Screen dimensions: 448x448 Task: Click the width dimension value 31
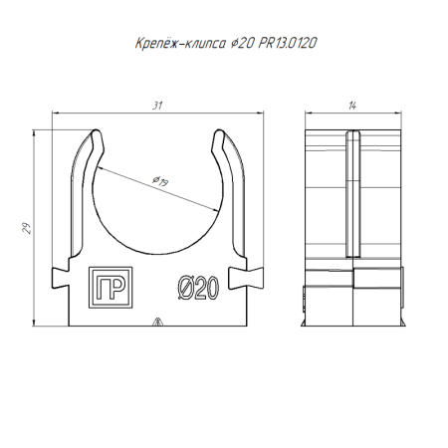click(x=157, y=106)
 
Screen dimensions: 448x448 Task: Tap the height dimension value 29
click(x=27, y=228)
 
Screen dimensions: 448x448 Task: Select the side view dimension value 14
click(x=352, y=106)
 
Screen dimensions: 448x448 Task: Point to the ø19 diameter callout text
click(x=160, y=181)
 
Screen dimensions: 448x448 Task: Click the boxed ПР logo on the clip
click(x=111, y=288)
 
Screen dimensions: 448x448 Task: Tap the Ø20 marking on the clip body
click(x=198, y=288)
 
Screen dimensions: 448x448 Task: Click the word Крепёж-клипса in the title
click(x=180, y=43)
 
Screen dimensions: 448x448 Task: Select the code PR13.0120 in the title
click(x=288, y=43)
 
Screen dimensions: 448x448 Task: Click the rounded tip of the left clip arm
click(x=97, y=132)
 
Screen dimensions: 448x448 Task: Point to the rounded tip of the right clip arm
click(x=219, y=132)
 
